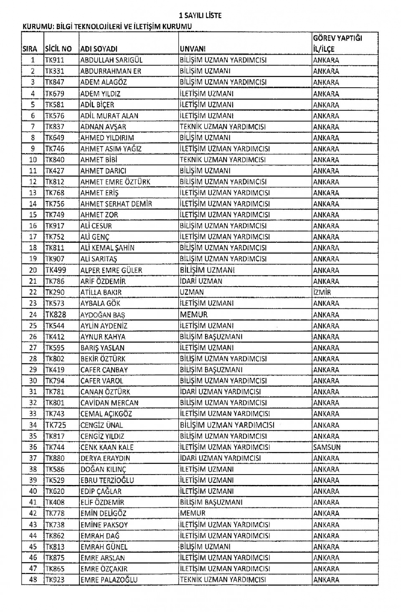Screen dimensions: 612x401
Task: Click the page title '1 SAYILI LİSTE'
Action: (200, 15)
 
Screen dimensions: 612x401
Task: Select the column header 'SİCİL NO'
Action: (58, 49)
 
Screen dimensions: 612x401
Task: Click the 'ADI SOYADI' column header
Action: (99, 49)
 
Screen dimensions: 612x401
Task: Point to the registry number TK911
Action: (55, 60)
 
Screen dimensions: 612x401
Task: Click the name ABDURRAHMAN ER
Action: (111, 71)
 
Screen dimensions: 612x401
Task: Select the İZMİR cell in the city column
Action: (322, 292)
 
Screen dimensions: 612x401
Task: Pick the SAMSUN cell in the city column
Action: (327, 447)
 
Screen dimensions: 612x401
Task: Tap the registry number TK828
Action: (56, 315)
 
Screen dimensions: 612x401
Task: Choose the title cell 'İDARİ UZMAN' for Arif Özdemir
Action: (201, 281)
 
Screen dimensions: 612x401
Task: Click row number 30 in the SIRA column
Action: (33, 381)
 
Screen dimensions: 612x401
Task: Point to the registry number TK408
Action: (55, 502)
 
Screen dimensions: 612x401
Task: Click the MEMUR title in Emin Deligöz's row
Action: (193, 513)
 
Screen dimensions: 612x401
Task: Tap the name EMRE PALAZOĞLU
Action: (109, 579)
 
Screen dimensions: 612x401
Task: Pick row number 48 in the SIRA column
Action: (33, 579)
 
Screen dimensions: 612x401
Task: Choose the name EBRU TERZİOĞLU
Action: (107, 480)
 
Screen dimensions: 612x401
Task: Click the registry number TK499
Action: (56, 270)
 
